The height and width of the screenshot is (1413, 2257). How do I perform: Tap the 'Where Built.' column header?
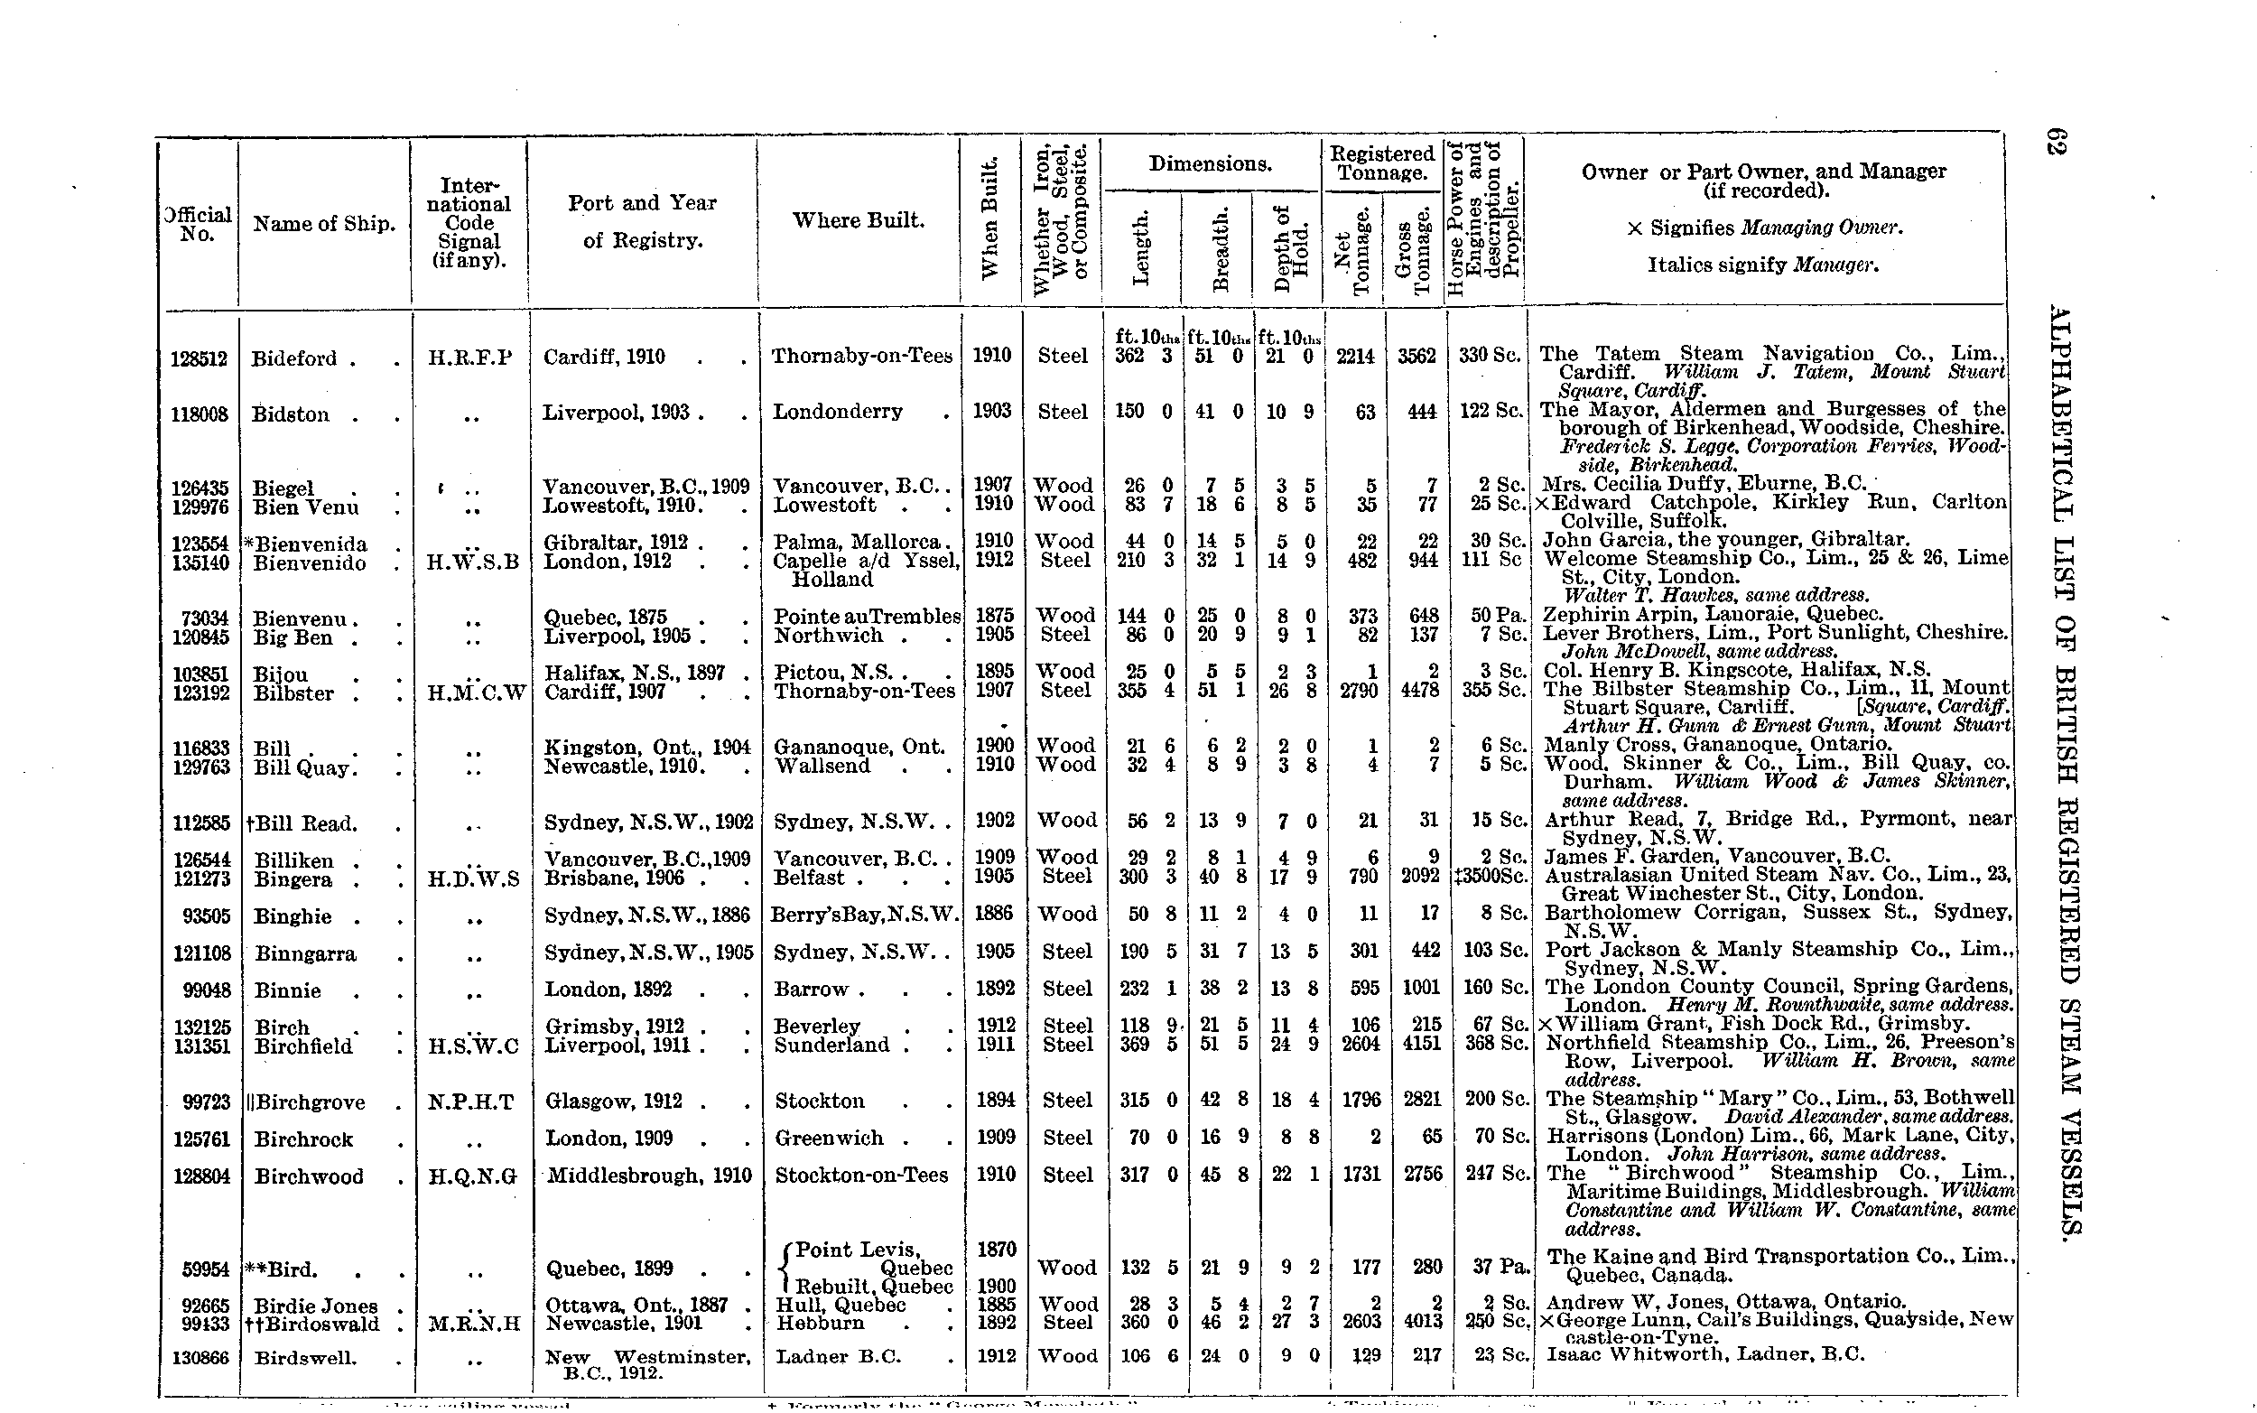point(858,220)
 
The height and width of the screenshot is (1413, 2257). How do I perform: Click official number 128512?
point(199,358)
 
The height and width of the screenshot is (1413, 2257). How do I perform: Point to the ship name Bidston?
point(291,414)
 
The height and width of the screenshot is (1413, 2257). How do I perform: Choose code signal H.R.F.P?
point(469,358)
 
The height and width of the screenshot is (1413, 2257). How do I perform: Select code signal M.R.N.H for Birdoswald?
point(474,1325)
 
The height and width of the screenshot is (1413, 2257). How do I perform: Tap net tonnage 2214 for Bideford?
point(1353,356)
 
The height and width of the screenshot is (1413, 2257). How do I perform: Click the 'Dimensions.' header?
point(1210,164)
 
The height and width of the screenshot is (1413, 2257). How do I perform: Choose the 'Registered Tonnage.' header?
point(1381,163)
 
